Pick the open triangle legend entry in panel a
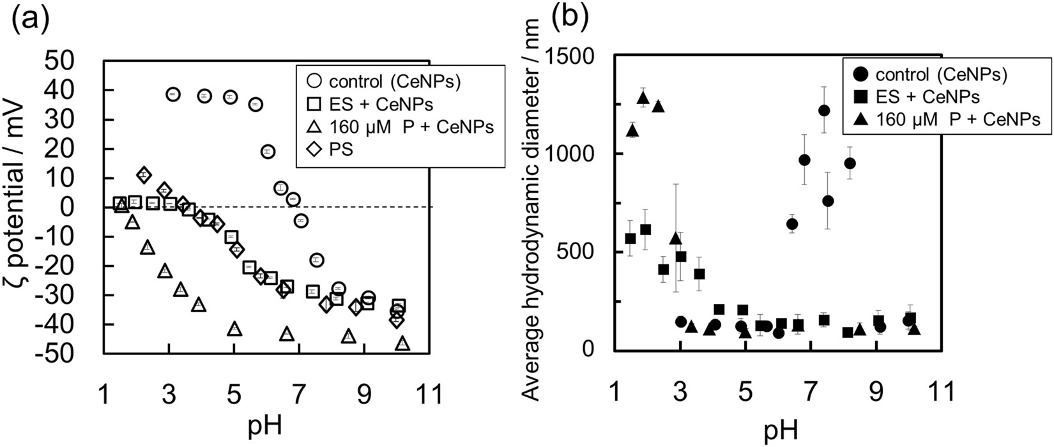coord(314,127)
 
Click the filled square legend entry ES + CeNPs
coord(860,97)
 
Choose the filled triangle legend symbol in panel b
coord(860,119)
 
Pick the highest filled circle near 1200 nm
coord(824,110)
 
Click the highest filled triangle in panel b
coord(643,97)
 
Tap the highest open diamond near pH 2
coord(144,174)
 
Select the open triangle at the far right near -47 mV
coord(402,343)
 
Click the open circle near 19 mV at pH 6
coord(268,151)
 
